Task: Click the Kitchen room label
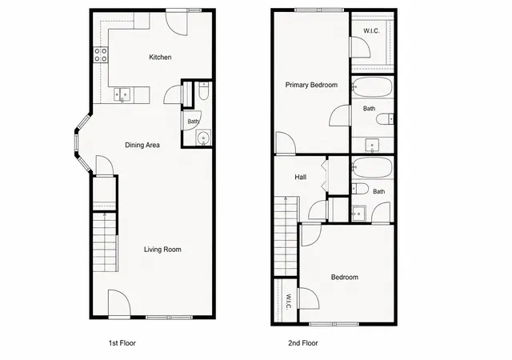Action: click(160, 57)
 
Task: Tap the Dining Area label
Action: click(142, 145)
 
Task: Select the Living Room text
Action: click(162, 250)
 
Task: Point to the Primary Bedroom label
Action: click(311, 85)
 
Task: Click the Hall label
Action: click(301, 177)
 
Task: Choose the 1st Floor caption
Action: click(122, 343)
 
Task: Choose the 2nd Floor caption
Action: click(303, 343)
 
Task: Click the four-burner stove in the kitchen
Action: click(101, 55)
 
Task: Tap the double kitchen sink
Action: click(122, 94)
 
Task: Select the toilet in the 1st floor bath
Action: click(203, 91)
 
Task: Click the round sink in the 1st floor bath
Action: click(204, 138)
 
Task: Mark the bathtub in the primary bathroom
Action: click(372, 86)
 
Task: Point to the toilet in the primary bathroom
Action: click(385, 119)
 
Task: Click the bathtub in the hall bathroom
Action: click(372, 167)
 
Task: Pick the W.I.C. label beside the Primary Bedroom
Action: click(371, 31)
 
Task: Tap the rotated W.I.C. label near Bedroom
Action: click(289, 302)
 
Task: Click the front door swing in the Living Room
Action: click(119, 302)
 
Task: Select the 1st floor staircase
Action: click(105, 242)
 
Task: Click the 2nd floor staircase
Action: click(286, 236)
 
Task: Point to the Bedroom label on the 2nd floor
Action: click(345, 278)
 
